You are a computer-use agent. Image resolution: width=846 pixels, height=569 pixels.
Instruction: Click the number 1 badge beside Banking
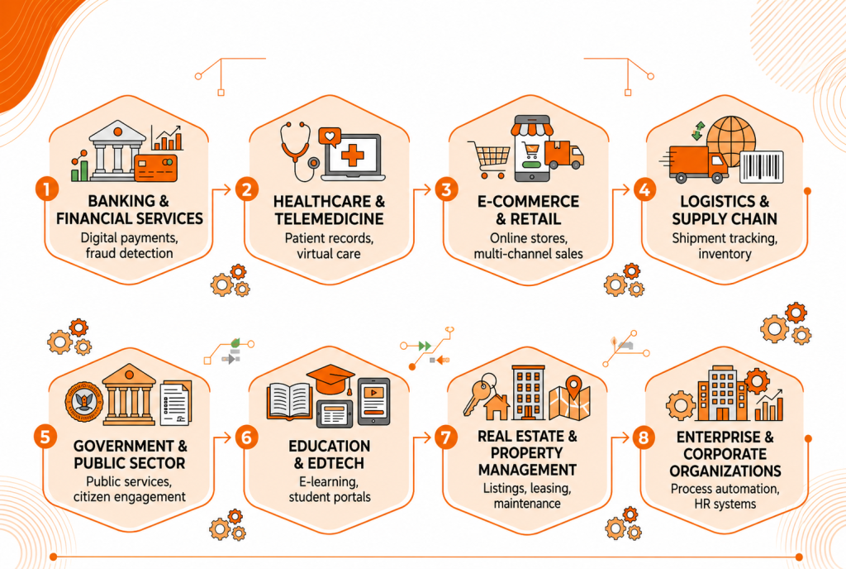click(47, 189)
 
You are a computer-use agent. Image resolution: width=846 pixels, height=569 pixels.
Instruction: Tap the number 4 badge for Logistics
click(644, 189)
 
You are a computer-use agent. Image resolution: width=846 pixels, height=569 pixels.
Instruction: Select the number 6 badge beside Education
click(246, 437)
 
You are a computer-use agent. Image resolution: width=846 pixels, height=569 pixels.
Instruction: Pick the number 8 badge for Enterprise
click(643, 437)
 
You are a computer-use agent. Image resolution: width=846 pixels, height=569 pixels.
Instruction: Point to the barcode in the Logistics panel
click(761, 167)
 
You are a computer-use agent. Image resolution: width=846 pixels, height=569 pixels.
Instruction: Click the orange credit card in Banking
click(156, 167)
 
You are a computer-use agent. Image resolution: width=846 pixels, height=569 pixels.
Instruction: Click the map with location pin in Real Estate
click(570, 399)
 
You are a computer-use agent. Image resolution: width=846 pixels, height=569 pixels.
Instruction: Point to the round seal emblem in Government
click(83, 402)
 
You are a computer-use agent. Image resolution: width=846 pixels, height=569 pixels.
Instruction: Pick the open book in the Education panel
click(290, 401)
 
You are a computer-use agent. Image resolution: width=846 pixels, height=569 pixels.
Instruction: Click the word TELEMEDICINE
click(329, 218)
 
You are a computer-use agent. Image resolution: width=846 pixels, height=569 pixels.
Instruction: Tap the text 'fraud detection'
click(130, 253)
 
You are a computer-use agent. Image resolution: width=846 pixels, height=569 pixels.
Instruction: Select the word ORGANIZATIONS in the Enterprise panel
click(725, 471)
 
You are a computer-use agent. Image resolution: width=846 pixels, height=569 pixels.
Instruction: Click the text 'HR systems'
click(725, 504)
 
